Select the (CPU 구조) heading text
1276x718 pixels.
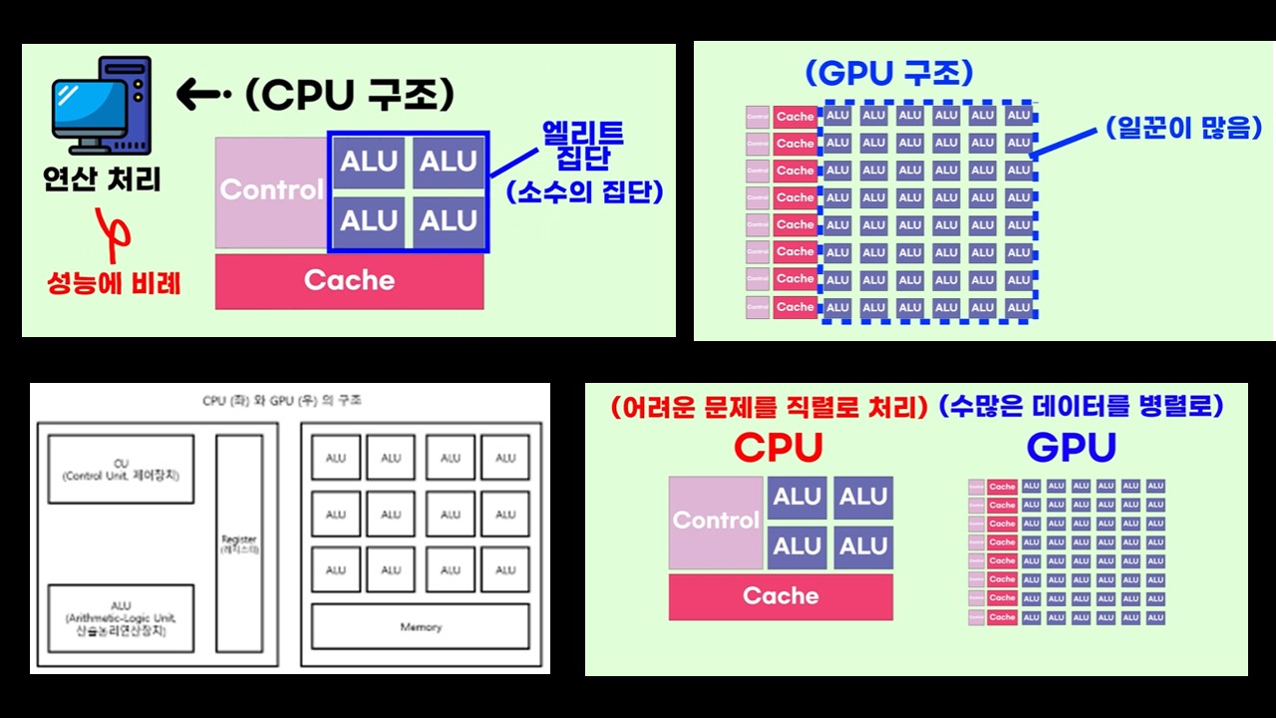coord(349,95)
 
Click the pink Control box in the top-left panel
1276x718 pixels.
coord(271,190)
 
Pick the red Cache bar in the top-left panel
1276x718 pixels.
coord(349,281)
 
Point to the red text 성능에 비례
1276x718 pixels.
coord(114,283)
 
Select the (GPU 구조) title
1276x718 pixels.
coord(889,73)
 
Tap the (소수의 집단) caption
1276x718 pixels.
coord(584,190)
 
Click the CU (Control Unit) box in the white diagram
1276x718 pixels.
coord(121,469)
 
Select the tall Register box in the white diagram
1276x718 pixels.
coord(239,544)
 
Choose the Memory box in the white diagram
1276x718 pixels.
coord(421,627)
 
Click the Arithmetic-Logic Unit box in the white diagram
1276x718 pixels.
coord(121,618)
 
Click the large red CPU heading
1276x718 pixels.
coord(779,448)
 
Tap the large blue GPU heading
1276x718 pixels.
coord(1071,448)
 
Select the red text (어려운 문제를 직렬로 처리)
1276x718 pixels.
coord(768,407)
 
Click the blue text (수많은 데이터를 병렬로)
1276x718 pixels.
coord(1081,407)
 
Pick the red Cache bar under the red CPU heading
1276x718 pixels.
coord(781,596)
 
